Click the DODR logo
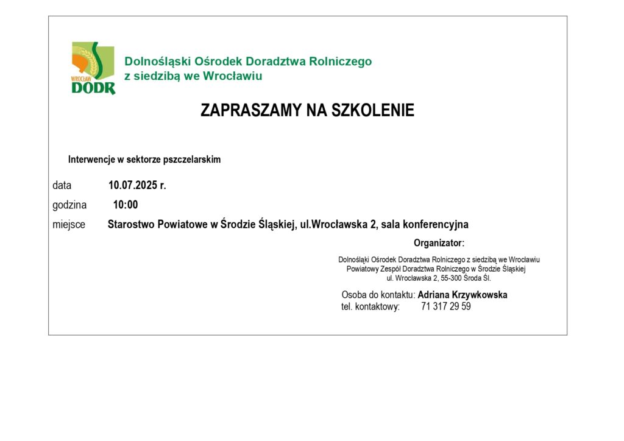point(93,68)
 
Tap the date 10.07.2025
point(133,185)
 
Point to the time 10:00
point(126,205)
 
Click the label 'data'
point(62,185)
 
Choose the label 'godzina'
point(69,205)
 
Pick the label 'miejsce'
point(69,224)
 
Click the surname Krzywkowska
point(479,295)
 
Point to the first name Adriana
point(433,295)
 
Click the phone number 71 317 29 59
point(445,306)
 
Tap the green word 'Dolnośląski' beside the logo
point(155,62)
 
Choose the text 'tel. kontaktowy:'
point(370,306)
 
